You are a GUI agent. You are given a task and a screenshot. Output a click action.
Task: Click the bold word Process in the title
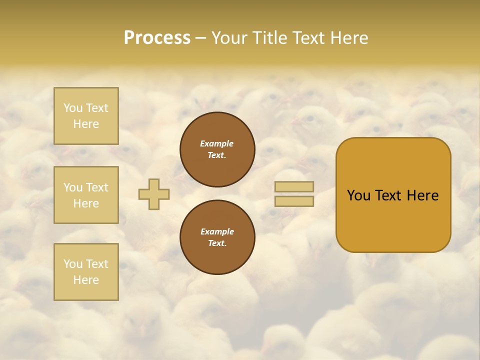tap(157, 38)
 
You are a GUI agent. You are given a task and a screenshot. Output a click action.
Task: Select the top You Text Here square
tap(86, 116)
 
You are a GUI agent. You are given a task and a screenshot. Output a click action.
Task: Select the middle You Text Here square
tap(86, 195)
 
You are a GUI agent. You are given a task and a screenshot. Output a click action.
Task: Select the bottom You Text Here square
tap(86, 271)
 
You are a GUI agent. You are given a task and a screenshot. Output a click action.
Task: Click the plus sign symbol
tap(154, 194)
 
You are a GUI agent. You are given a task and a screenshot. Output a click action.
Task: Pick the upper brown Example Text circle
tap(217, 149)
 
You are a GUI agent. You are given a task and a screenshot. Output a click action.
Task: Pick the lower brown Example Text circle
tap(217, 237)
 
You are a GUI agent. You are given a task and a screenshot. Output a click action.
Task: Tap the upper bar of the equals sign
tap(294, 187)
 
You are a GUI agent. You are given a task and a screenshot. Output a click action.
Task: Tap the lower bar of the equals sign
tap(294, 201)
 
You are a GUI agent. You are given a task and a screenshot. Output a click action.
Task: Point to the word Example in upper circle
tap(217, 143)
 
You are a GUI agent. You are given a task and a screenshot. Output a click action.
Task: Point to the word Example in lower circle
tap(217, 231)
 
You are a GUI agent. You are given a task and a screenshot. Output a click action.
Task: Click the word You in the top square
tap(73, 108)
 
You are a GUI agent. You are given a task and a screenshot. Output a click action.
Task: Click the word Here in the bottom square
tap(86, 280)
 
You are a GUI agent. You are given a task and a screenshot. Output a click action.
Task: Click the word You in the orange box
tap(358, 195)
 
